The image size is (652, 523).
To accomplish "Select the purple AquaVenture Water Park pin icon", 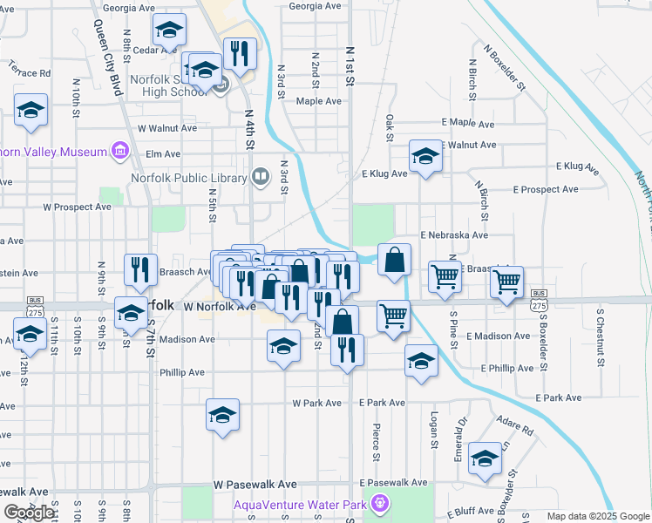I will [x=379, y=503].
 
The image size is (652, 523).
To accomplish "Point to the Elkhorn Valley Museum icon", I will [x=120, y=153].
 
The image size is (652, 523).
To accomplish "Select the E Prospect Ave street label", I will [x=546, y=189].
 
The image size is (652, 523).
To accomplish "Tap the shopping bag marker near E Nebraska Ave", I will [x=395, y=260].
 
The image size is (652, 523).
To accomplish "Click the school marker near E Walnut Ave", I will [x=425, y=157].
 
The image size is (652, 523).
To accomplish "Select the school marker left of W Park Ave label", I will [x=222, y=414].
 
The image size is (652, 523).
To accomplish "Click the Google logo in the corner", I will [x=30, y=513].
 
